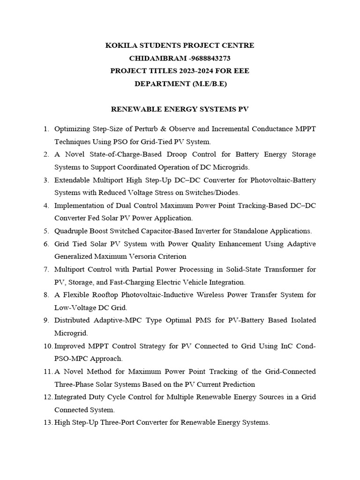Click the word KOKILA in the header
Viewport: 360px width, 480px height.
click(119, 45)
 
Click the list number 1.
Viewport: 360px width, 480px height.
click(45, 128)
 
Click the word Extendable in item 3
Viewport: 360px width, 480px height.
click(73, 180)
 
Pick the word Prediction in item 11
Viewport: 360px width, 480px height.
click(237, 384)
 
